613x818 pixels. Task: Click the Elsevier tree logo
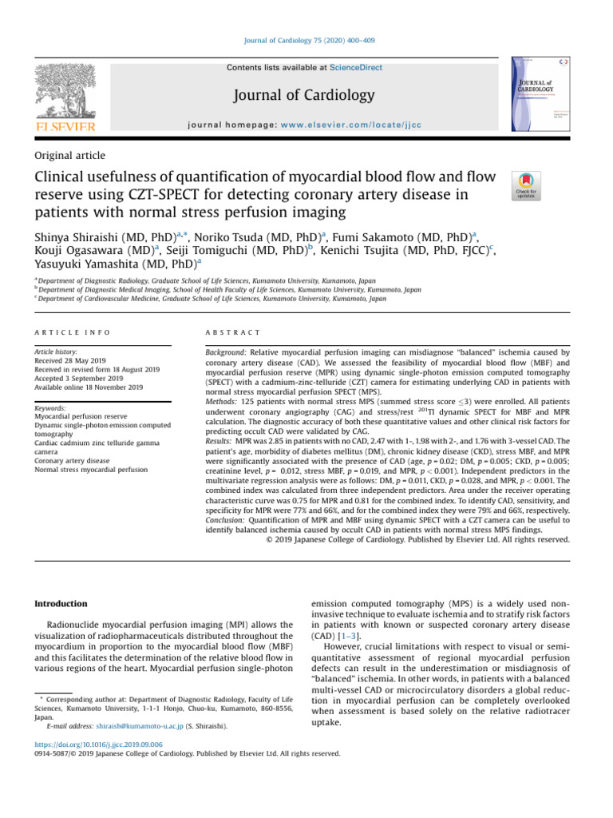pyautogui.click(x=64, y=93)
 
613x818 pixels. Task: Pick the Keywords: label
pyautogui.click(x=54, y=407)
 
